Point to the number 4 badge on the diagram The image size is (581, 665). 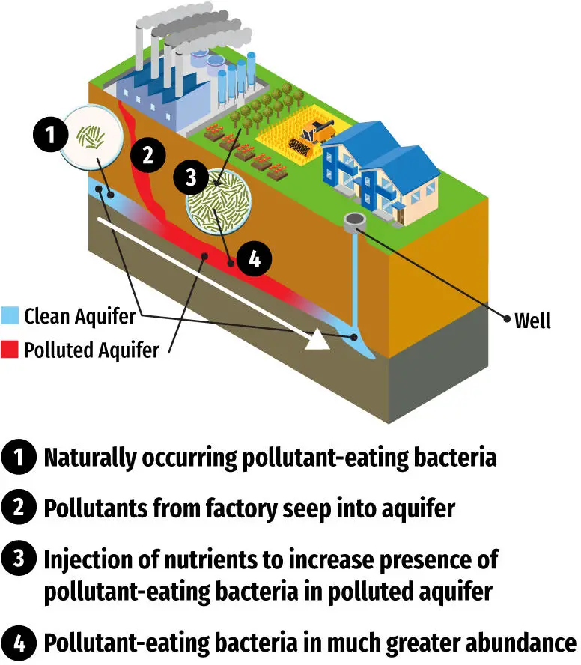point(254,260)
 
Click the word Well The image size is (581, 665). point(532,321)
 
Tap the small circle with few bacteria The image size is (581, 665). point(92,135)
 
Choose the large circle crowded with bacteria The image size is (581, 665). point(218,202)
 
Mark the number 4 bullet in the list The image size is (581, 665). point(18,643)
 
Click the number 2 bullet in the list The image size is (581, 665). point(18,508)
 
